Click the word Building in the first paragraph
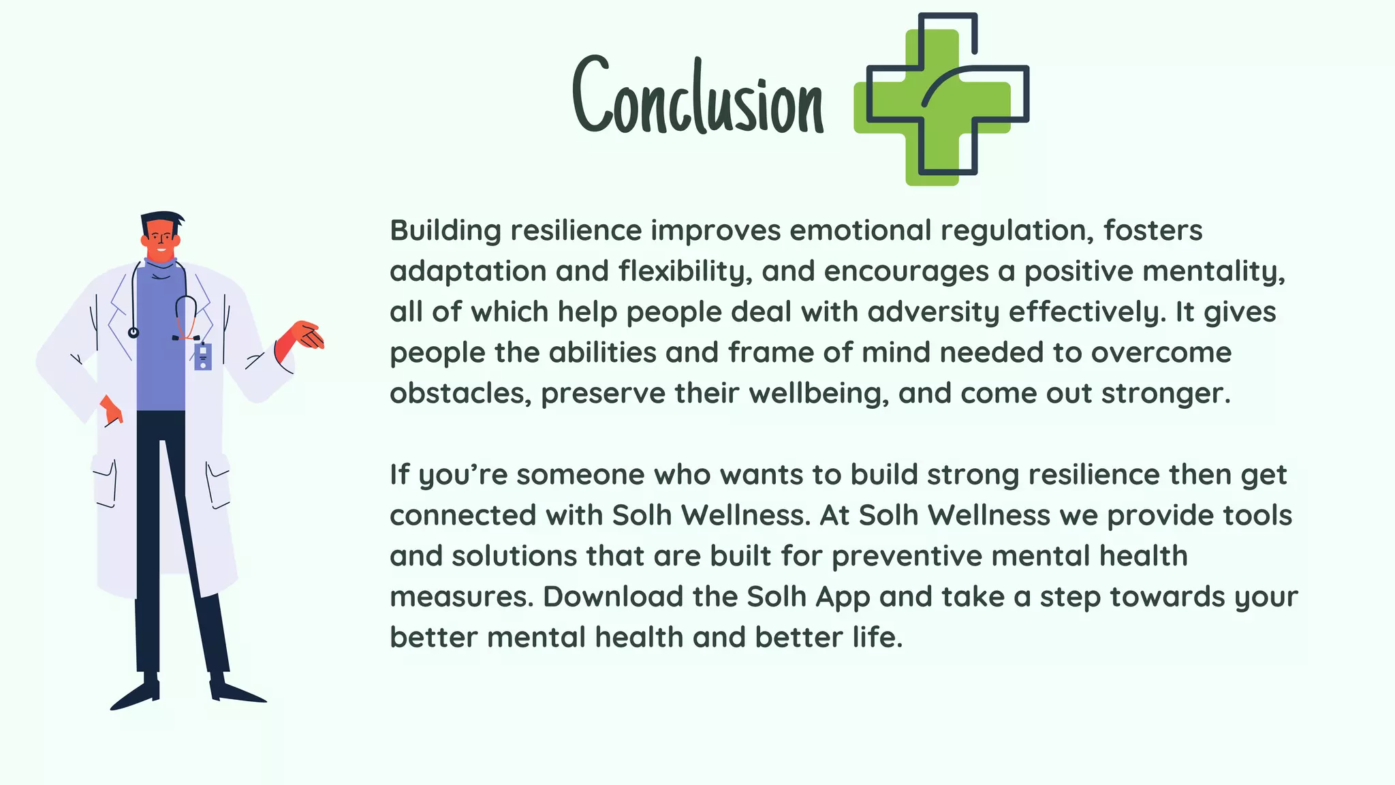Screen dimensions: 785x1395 tap(445, 231)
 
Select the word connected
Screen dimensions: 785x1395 tap(463, 516)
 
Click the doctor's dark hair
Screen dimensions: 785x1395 tap(162, 219)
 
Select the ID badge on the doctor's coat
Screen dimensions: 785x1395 tap(203, 356)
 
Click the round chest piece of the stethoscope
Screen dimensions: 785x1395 tap(134, 333)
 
